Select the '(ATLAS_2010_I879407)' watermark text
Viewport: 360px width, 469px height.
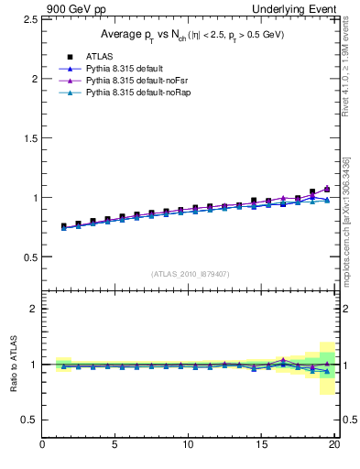(191, 273)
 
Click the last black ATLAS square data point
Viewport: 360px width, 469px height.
(327, 189)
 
